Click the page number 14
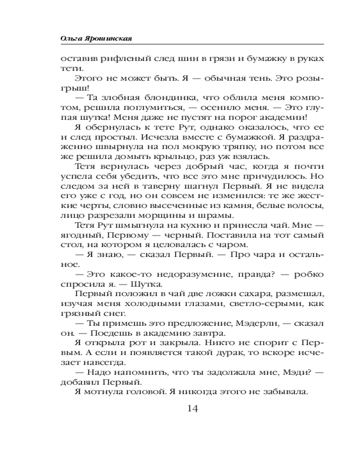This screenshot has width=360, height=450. click(x=191, y=409)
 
